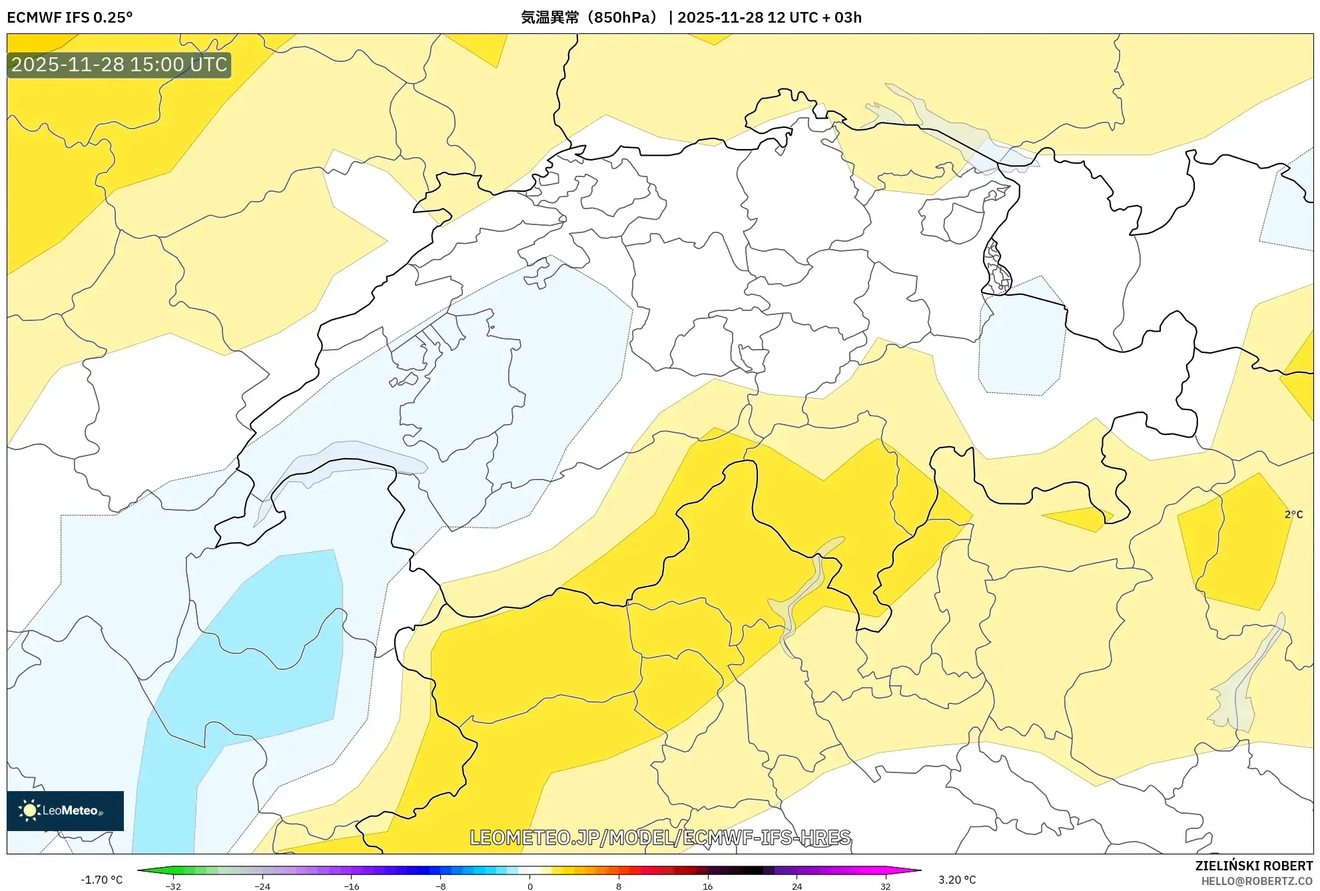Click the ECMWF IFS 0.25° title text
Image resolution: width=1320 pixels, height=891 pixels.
[x=70, y=17]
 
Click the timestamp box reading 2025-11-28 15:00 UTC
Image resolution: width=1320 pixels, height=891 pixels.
[x=119, y=65]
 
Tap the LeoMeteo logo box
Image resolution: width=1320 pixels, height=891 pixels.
[x=65, y=810]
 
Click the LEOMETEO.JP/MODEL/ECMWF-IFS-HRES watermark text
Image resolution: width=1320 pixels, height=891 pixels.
[x=660, y=837]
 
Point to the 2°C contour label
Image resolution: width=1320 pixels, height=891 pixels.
[x=1293, y=514]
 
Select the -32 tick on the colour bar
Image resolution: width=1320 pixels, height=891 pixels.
[x=173, y=886]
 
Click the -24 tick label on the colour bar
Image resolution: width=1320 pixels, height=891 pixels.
[x=262, y=886]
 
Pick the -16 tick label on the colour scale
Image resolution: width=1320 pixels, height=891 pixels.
[x=351, y=886]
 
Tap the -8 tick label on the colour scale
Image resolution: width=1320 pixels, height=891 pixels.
[x=440, y=886]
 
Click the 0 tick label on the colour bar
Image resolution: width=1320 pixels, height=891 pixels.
[x=529, y=886]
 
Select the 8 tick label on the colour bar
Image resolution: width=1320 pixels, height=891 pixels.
[x=619, y=886]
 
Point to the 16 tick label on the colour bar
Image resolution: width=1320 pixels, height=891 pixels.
[x=707, y=886]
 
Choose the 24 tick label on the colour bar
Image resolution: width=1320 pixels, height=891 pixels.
[x=797, y=886]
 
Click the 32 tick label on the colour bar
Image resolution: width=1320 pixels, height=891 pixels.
[x=885, y=886]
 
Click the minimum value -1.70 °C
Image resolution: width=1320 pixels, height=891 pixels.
[x=101, y=880]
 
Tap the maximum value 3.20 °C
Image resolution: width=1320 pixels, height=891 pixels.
[x=957, y=880]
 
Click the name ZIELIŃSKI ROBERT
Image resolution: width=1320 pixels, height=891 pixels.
[x=1253, y=866]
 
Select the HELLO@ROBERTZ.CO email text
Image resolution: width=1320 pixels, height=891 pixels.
[x=1256, y=881]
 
